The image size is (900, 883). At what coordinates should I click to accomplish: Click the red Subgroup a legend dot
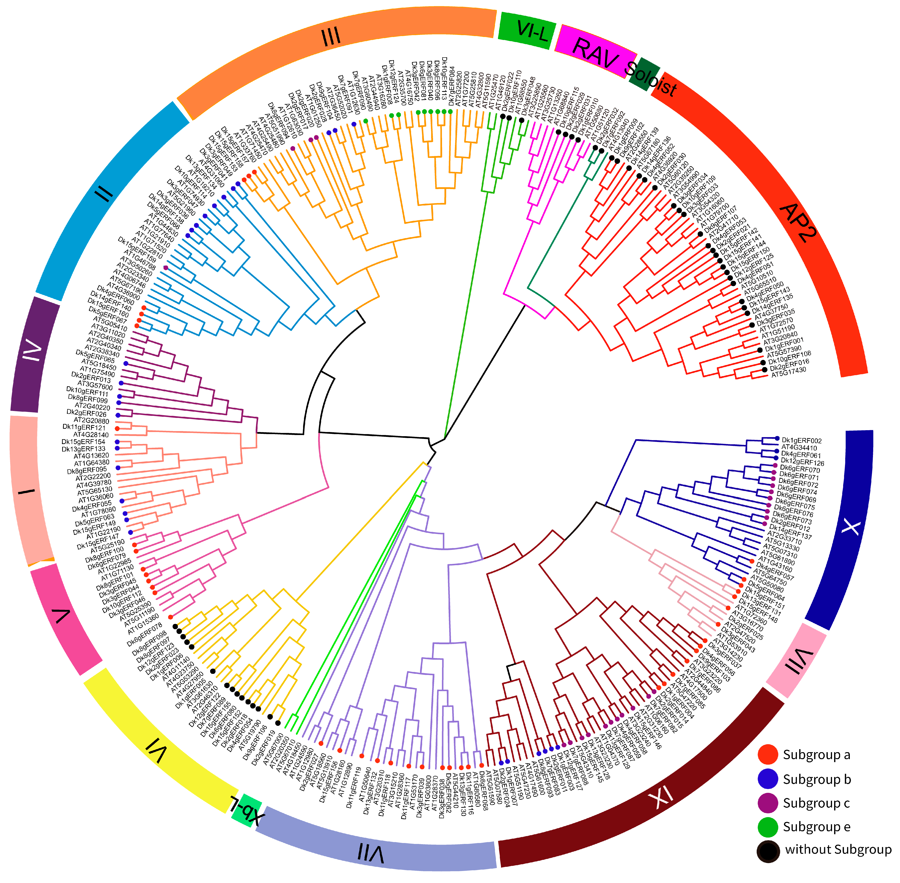(x=768, y=754)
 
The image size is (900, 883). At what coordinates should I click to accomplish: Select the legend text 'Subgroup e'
(x=817, y=827)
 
